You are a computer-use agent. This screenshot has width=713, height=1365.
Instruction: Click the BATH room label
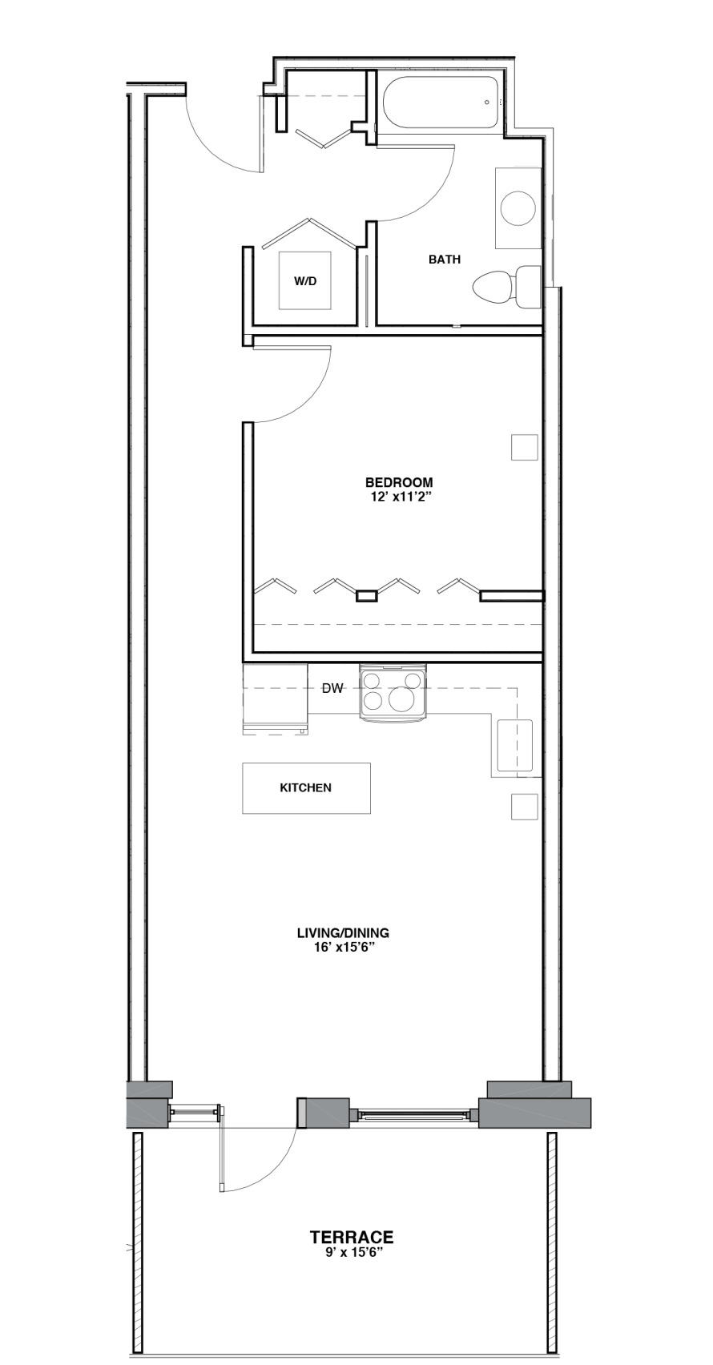(445, 260)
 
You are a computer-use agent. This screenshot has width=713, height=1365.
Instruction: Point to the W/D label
(305, 281)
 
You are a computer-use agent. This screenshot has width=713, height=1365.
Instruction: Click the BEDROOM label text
(399, 483)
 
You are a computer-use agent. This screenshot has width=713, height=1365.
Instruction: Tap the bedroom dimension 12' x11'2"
(399, 497)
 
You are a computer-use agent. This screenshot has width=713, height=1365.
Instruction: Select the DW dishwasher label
(332, 689)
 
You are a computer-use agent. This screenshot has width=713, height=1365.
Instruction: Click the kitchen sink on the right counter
(516, 745)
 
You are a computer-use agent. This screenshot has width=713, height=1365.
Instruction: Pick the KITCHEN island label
(305, 788)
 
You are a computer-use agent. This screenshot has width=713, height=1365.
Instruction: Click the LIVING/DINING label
(343, 933)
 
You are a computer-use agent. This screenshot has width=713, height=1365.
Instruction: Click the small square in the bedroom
(524, 448)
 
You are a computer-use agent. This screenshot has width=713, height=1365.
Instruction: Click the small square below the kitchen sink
(524, 807)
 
